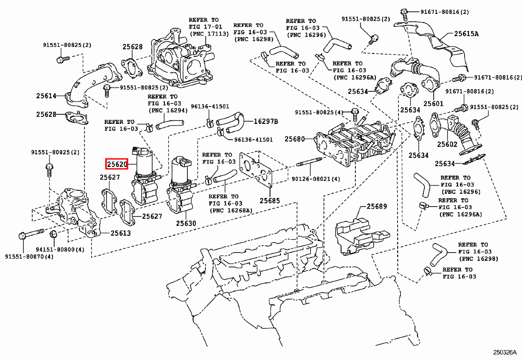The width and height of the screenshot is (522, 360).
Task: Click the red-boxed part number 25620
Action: point(117,164)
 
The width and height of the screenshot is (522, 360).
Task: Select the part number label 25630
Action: point(186,223)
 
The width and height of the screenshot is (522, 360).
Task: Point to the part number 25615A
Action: point(466,33)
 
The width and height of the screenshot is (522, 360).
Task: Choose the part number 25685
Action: point(270,201)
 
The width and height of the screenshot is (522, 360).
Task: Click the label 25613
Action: point(120,233)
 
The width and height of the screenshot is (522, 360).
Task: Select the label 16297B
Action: point(265,121)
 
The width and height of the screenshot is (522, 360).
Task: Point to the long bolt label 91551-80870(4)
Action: point(29,257)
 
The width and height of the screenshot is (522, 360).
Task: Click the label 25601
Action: point(433,103)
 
